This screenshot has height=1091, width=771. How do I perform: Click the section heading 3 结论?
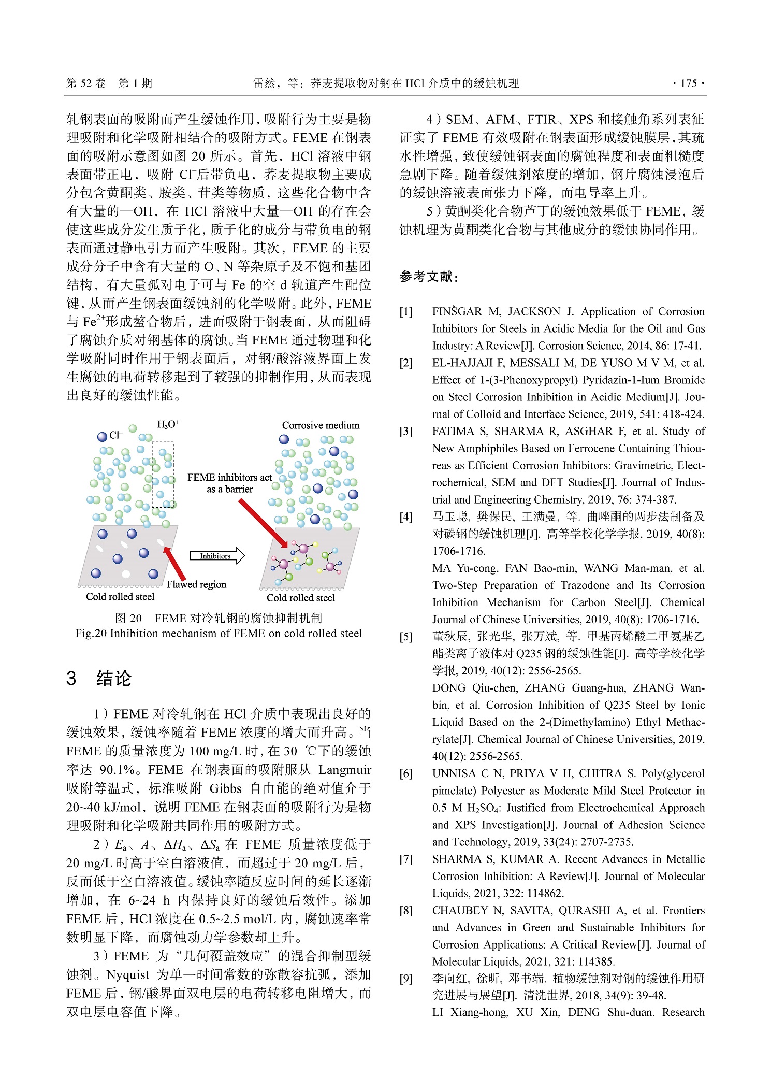(x=99, y=678)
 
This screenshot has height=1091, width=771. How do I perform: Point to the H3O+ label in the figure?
(x=168, y=425)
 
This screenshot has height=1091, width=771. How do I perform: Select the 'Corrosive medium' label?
(x=321, y=425)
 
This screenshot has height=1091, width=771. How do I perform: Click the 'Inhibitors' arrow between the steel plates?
(x=216, y=556)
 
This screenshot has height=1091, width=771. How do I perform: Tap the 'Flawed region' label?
(x=196, y=584)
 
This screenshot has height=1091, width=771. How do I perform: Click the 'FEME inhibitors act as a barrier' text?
(x=229, y=483)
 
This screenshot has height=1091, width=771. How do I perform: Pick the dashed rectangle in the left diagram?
(x=163, y=474)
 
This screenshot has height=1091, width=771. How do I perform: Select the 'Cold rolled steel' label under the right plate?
(x=301, y=598)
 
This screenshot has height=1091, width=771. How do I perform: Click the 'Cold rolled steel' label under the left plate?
(x=120, y=597)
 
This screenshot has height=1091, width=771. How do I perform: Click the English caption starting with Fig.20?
(x=219, y=633)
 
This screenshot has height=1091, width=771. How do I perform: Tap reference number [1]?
(x=406, y=312)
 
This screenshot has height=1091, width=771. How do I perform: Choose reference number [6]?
(x=406, y=774)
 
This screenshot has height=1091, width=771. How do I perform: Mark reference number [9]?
(x=406, y=979)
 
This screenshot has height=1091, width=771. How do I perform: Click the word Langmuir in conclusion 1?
(x=345, y=770)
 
